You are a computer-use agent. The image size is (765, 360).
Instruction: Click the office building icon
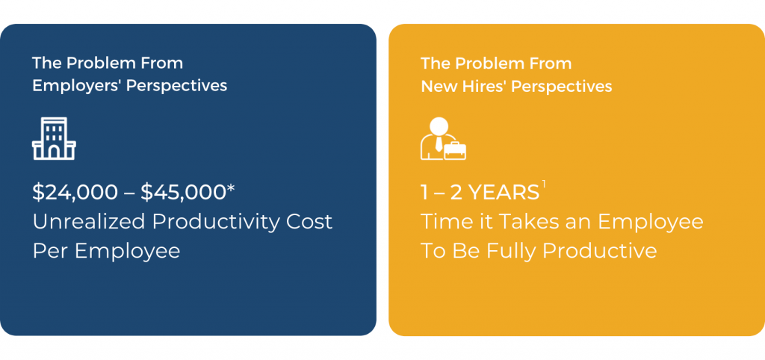pyautogui.click(x=54, y=138)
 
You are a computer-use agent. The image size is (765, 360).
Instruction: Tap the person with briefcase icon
pyautogui.click(x=443, y=138)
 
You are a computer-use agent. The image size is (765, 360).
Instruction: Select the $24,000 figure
pyautogui.click(x=75, y=193)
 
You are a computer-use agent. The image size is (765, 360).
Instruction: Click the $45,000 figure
pyautogui.click(x=184, y=193)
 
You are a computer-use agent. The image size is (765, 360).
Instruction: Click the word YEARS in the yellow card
pyautogui.click(x=504, y=193)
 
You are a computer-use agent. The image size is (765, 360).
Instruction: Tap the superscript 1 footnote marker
pyautogui.click(x=544, y=184)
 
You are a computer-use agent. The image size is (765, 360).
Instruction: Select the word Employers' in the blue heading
pyautogui.click(x=77, y=86)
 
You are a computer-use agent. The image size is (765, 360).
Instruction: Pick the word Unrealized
pyautogui.click(x=90, y=222)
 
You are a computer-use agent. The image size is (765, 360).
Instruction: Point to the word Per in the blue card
pyautogui.click(x=49, y=251)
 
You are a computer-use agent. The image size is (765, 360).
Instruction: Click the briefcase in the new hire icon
pyautogui.click(x=455, y=150)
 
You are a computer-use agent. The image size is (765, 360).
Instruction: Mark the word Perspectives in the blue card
pyautogui.click(x=176, y=87)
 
